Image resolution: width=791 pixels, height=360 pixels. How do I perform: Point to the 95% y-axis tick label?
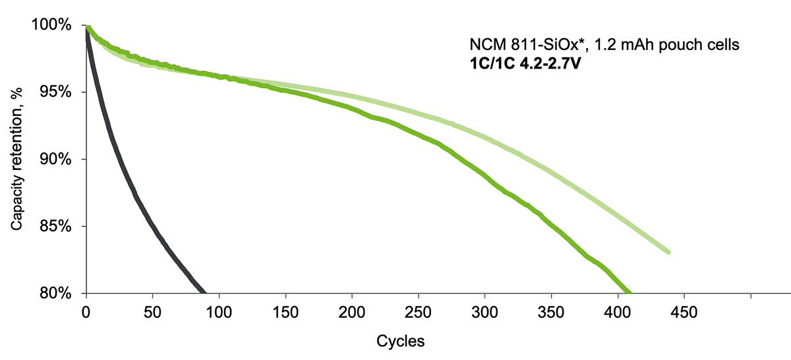click(53, 92)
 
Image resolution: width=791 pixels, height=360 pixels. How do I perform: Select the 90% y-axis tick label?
click(53, 160)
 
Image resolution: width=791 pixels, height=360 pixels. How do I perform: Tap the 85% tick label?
click(53, 227)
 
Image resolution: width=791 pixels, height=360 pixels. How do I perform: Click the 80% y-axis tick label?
click(53, 293)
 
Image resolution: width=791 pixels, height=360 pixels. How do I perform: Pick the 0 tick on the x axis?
click(86, 311)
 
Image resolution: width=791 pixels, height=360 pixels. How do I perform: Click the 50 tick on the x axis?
click(153, 311)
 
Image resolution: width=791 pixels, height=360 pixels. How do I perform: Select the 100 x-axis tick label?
click(220, 311)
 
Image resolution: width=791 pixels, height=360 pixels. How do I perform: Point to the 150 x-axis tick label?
click(286, 311)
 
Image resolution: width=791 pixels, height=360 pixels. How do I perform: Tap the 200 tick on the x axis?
click(353, 311)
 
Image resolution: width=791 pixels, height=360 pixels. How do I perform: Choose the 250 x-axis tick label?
click(419, 311)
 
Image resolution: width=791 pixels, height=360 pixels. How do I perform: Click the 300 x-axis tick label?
click(485, 311)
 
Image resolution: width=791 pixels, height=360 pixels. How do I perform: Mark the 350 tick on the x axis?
click(552, 311)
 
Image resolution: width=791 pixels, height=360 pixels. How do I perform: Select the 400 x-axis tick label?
click(618, 311)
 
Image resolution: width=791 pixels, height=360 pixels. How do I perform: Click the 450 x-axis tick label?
click(685, 311)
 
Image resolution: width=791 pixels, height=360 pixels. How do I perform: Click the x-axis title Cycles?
click(400, 342)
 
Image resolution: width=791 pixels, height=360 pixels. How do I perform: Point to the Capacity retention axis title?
click(16, 159)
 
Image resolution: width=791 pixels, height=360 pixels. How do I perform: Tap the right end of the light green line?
click(668, 252)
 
